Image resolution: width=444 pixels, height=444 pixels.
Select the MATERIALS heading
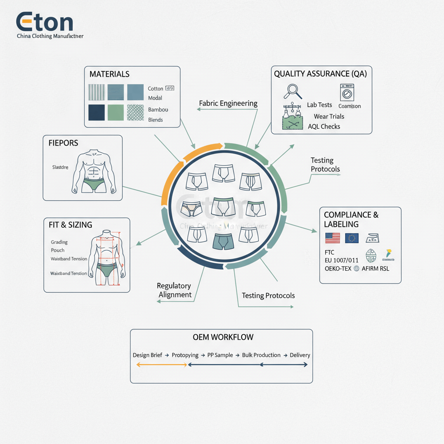coord(109,74)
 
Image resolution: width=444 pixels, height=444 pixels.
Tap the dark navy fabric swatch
coord(96,112)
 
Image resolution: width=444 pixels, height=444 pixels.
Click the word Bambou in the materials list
coord(158,110)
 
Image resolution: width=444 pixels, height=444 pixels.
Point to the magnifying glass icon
coord(293,91)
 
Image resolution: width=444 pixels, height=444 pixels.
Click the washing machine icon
coord(347,92)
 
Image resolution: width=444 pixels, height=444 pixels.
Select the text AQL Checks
coord(324,127)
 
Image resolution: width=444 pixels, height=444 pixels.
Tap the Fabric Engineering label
coord(228,104)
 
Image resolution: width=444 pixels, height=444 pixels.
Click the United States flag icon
coord(332,238)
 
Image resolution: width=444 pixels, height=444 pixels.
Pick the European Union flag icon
coord(352,238)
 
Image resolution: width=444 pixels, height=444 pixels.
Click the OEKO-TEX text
coord(338,268)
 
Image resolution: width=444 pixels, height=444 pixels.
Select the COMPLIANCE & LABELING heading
coord(351,219)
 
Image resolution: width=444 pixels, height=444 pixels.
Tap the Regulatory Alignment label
coord(174,291)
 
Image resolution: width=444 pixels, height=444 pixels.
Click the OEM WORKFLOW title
coord(223,337)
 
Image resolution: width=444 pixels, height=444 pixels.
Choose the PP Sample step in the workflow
coord(220,355)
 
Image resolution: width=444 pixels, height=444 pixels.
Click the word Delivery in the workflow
coord(300,355)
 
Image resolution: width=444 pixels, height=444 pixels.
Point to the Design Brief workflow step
coord(147,355)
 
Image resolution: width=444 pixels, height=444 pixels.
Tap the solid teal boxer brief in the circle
coord(223,241)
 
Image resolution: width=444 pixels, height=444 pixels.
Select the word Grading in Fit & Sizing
coord(59,242)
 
